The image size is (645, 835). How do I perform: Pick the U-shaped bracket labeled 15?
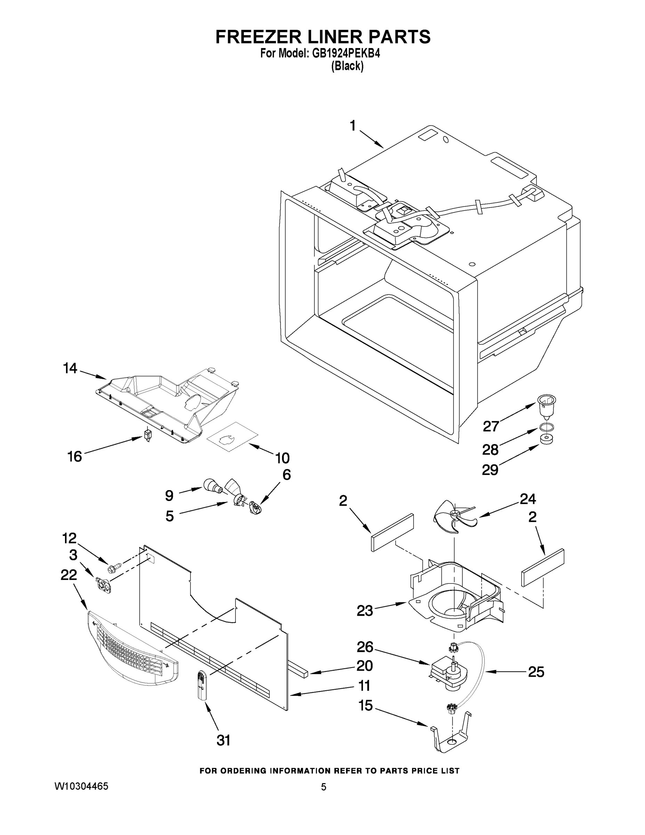point(451,737)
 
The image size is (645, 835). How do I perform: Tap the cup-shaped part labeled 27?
point(546,407)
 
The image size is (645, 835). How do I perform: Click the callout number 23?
point(364,611)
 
